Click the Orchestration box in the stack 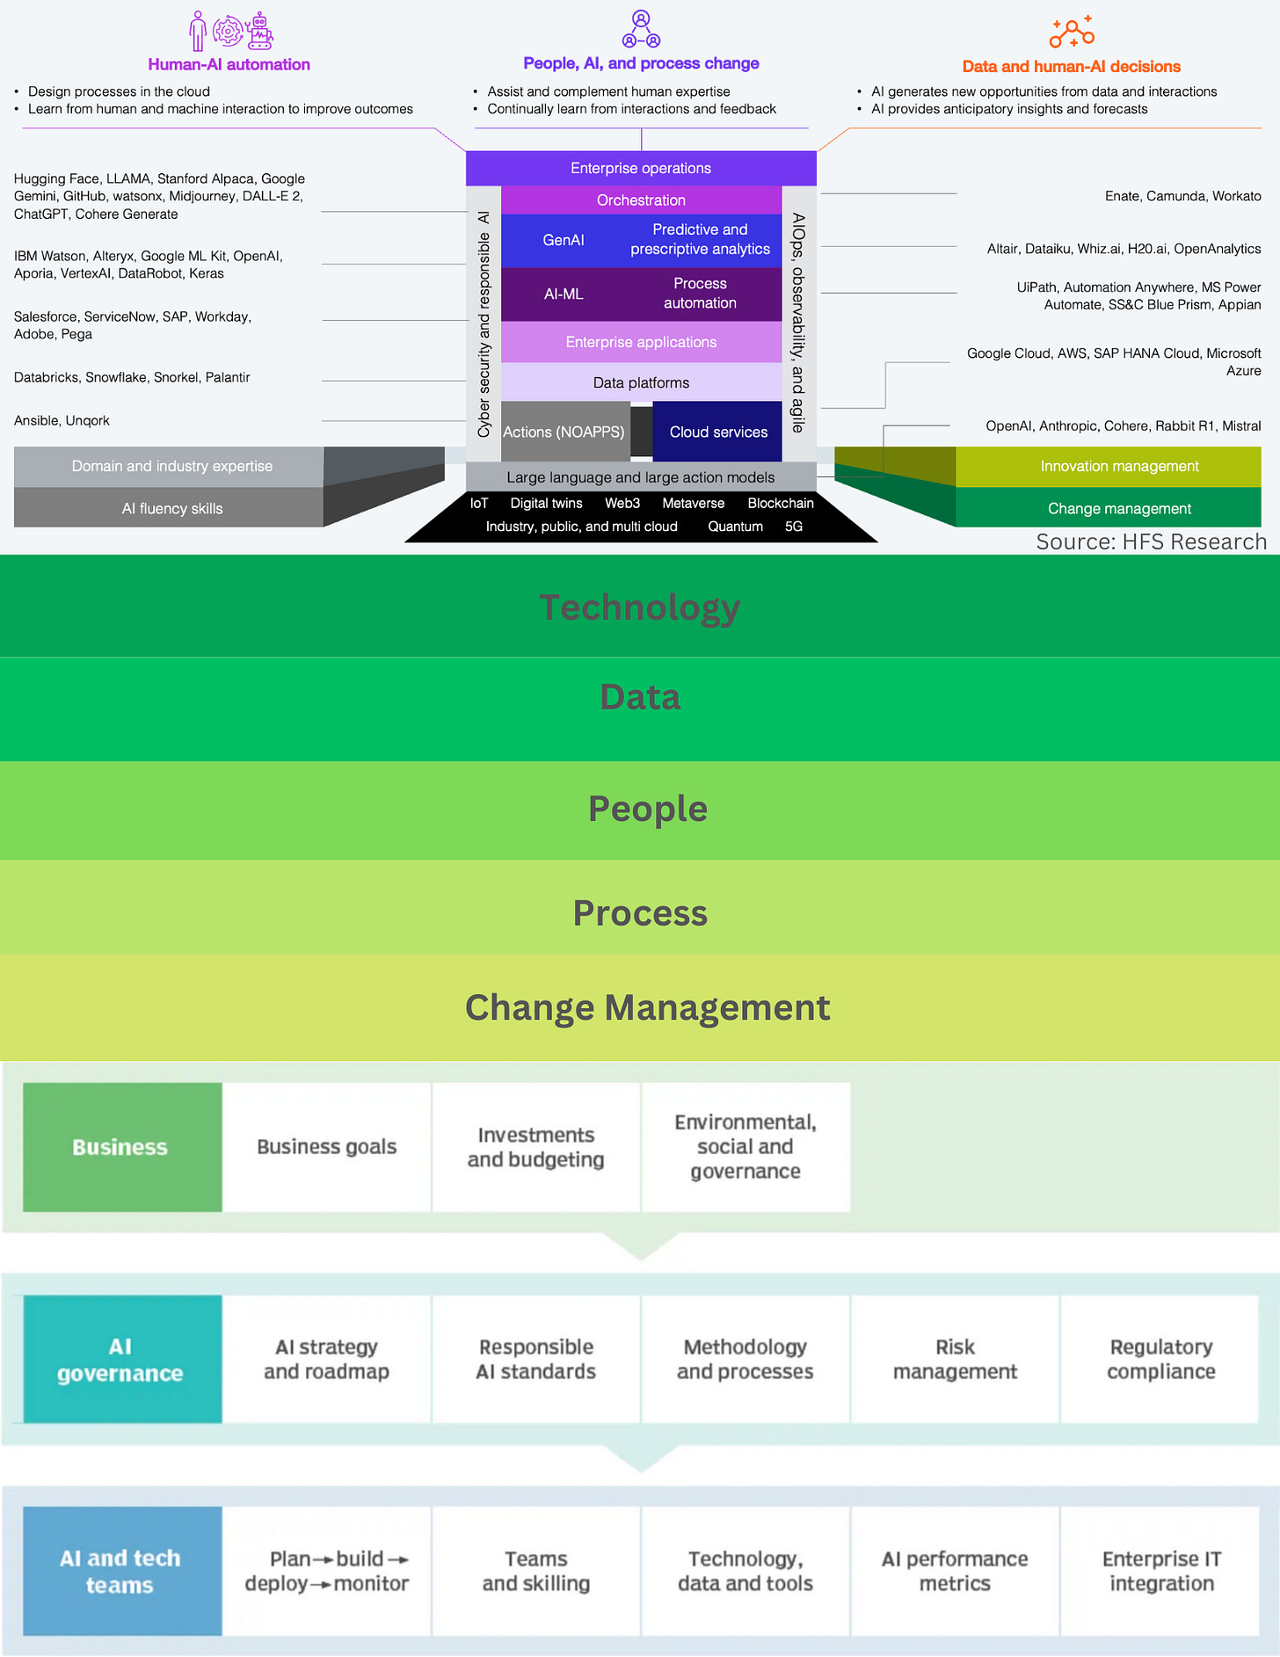(641, 200)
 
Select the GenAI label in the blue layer (563, 240)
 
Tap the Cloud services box (718, 432)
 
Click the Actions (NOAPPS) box (564, 432)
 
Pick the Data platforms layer (641, 383)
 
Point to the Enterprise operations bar (641, 168)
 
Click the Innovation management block (1118, 466)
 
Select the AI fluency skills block (171, 508)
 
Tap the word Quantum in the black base (735, 527)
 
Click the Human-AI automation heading (229, 64)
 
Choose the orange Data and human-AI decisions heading (1071, 67)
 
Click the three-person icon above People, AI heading (641, 30)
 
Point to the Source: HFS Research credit (1151, 541)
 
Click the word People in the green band (648, 809)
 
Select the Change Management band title (648, 1007)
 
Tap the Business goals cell (327, 1147)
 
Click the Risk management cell (955, 1359)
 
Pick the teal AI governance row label (121, 1359)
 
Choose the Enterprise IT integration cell (1160, 1571)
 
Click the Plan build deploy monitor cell (327, 1571)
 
